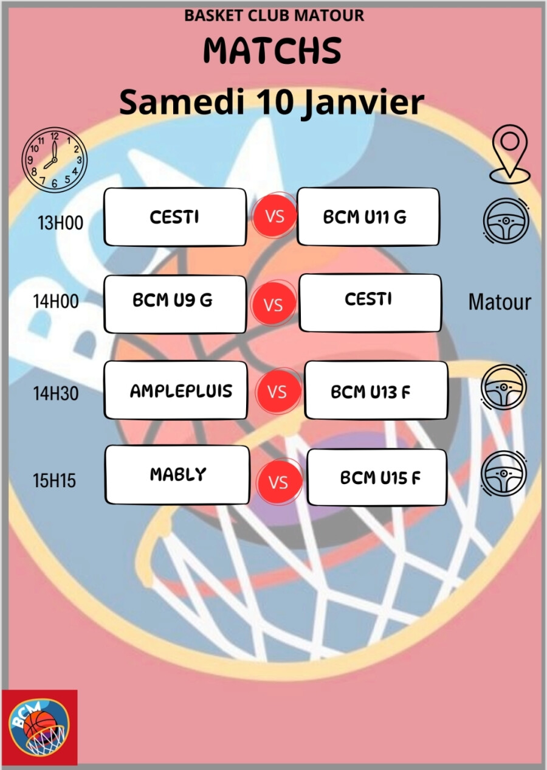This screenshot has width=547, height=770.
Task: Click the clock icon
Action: click(x=54, y=160)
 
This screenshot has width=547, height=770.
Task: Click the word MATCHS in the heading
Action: click(x=272, y=50)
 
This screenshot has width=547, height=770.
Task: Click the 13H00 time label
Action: click(x=61, y=223)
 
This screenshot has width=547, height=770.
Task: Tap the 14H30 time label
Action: click(x=56, y=394)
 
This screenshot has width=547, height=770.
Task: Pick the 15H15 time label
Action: click(x=55, y=480)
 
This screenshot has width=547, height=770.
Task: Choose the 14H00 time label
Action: click(x=56, y=301)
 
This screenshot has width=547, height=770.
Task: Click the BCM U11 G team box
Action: click(x=368, y=217)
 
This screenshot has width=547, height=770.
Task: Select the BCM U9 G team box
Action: click(x=175, y=303)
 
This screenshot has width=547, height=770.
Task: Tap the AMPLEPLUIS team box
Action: click(x=176, y=390)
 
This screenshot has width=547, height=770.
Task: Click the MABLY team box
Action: click(x=177, y=474)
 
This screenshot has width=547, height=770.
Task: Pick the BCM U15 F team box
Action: click(x=377, y=477)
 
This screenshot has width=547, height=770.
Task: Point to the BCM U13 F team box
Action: click(x=376, y=390)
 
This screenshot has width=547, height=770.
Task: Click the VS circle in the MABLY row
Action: click(x=278, y=482)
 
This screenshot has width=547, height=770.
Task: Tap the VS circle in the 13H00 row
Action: click(x=275, y=216)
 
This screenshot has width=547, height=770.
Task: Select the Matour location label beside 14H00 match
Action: click(x=500, y=302)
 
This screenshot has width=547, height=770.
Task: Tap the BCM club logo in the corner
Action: click(x=39, y=727)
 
